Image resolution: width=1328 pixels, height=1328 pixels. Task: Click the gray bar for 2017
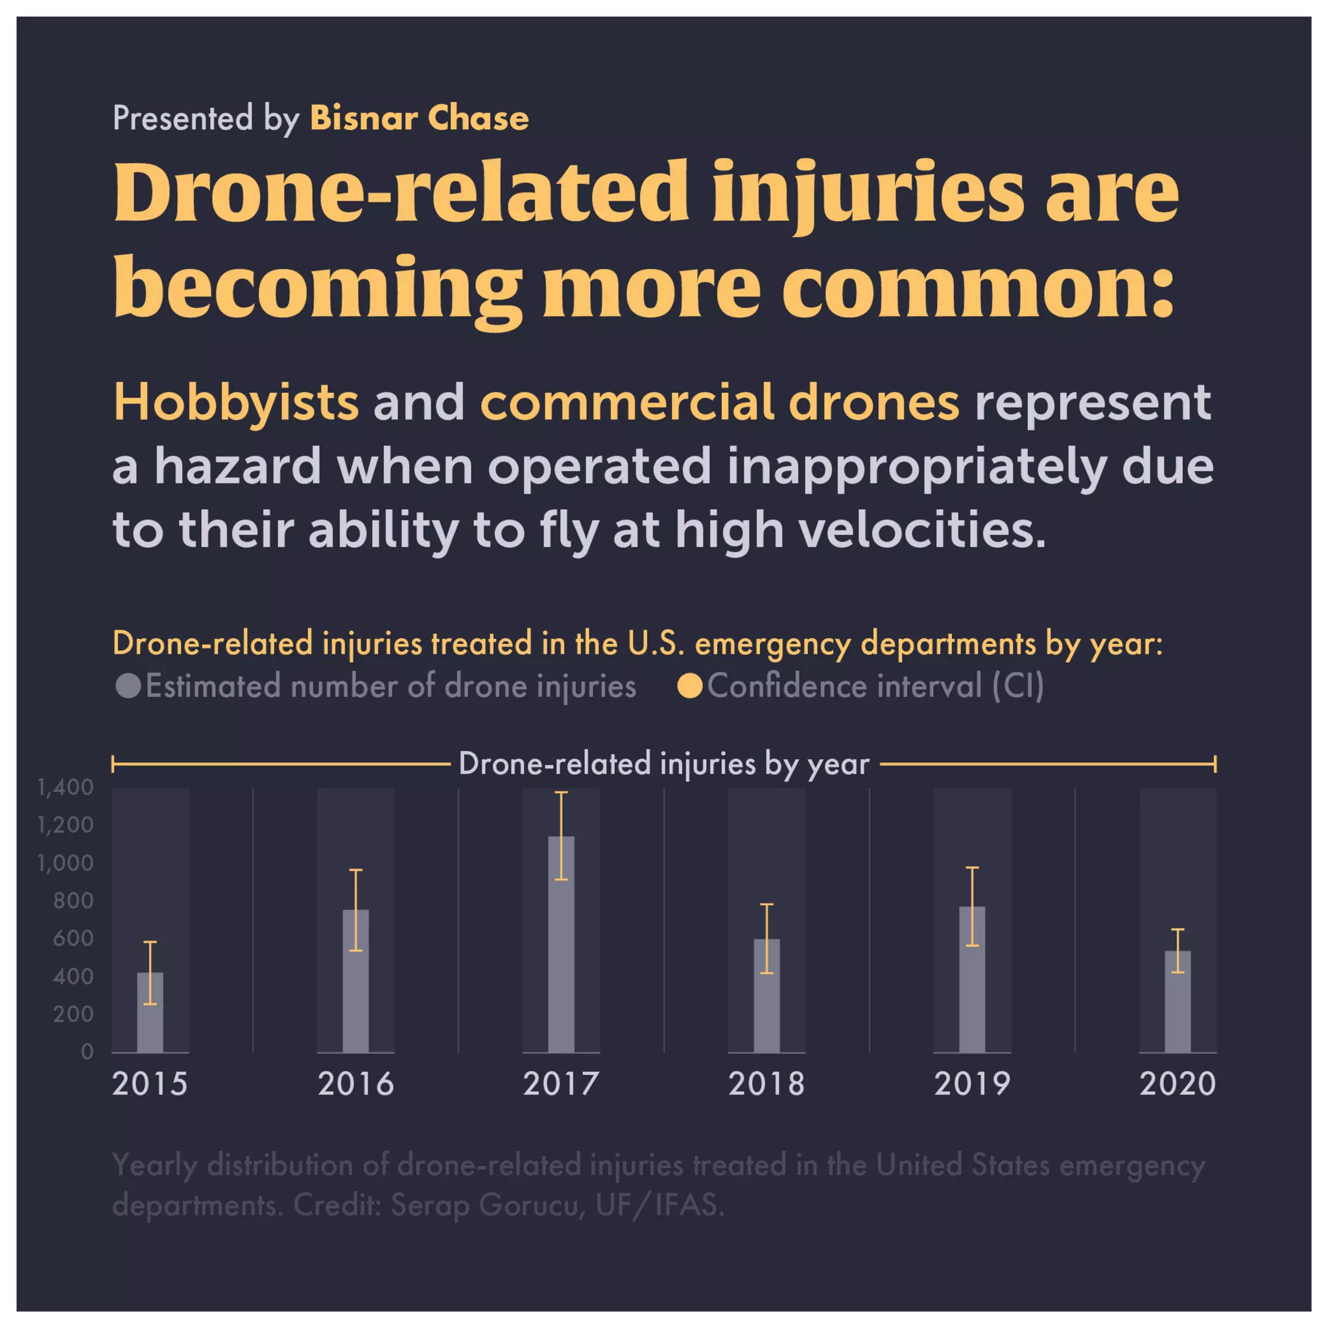pos(561,962)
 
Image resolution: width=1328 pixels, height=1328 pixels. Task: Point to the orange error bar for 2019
pos(972,907)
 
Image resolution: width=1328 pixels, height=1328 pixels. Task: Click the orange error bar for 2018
pos(766,938)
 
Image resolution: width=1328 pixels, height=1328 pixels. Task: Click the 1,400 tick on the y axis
pos(65,788)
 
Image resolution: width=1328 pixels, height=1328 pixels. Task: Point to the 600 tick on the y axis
pos(73,939)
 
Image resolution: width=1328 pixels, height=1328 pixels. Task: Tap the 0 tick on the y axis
pos(87,1052)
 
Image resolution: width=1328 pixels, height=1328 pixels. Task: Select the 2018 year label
pos(766,1085)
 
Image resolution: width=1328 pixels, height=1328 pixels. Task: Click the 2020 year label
pos(1178,1085)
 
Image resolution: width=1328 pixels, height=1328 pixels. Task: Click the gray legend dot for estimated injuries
pos(128,686)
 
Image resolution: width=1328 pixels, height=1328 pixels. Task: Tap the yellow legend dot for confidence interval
pos(689,686)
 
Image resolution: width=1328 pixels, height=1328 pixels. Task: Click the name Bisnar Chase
pos(420,118)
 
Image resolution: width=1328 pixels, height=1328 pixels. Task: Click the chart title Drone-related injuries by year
pos(664,764)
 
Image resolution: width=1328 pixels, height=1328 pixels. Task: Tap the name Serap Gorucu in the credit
pos(488,1204)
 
